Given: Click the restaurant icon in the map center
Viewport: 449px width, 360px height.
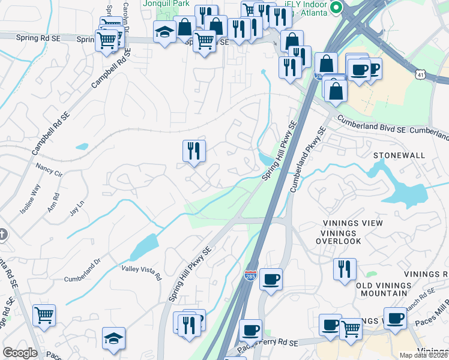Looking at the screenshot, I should pos(194,151).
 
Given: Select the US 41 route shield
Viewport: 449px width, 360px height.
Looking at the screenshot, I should pos(420,73).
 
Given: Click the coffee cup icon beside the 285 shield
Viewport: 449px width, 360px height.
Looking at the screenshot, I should pos(271,279).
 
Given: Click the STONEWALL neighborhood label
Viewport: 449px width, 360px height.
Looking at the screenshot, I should pos(399,155).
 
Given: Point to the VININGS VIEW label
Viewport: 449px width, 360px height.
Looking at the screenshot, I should pos(352,223).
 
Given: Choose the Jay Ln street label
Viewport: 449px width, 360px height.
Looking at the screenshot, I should pos(76,210).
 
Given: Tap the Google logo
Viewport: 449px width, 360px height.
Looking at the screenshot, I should pos(20,353).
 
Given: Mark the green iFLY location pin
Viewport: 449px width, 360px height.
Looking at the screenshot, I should pos(337,8).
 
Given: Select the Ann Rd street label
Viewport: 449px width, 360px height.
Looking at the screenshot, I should pos(56,202).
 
